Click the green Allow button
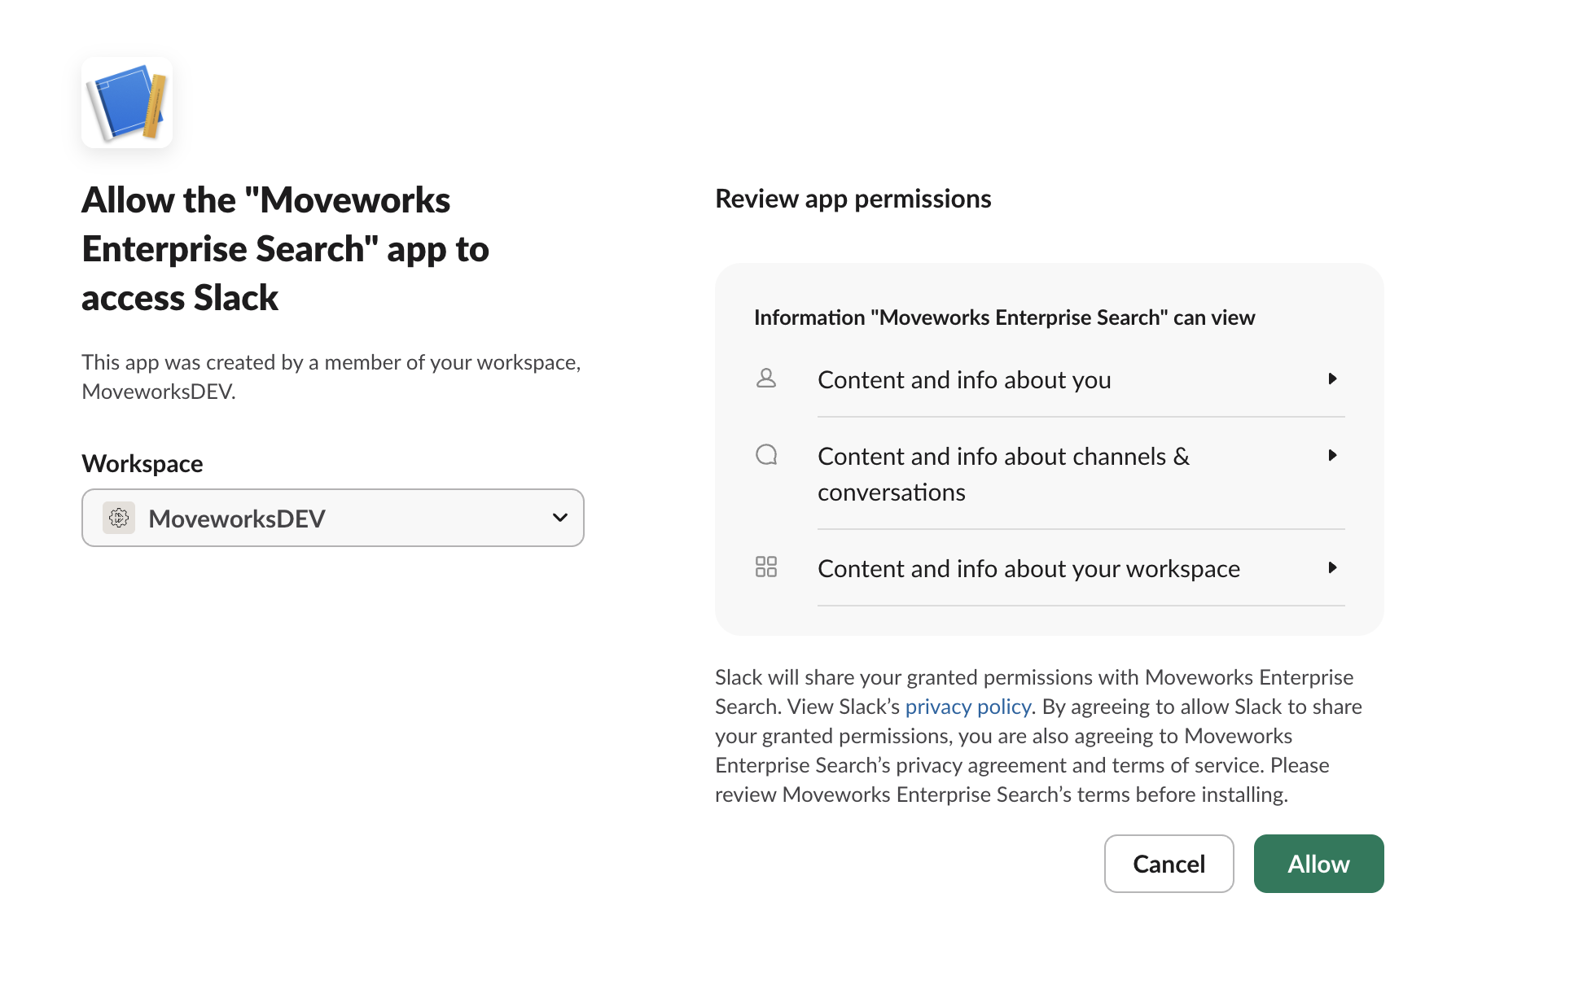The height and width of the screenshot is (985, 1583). (x=1318, y=864)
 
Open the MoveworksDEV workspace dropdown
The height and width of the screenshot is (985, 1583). (x=332, y=518)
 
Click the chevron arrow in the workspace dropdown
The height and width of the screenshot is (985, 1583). (x=559, y=518)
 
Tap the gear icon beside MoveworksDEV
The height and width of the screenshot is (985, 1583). (x=119, y=518)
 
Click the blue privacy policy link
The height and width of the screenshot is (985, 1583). (x=967, y=707)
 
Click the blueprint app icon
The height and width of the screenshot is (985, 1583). (x=126, y=103)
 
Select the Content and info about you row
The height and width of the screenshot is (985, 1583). (x=964, y=380)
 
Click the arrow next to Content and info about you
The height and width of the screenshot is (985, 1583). (x=1332, y=379)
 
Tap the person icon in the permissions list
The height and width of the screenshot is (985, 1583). (x=766, y=379)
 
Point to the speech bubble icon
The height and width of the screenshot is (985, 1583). (x=766, y=455)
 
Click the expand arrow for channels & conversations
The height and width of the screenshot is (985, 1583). (x=1332, y=455)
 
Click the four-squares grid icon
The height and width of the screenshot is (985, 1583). (x=766, y=567)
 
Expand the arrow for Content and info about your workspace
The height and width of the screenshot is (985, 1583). (x=1332, y=567)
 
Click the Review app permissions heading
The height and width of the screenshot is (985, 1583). (x=853, y=199)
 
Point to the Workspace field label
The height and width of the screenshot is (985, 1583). (x=143, y=464)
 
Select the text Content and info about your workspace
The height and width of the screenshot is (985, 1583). (x=1028, y=569)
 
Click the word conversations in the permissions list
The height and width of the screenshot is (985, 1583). (x=891, y=492)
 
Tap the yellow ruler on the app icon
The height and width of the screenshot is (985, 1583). (x=155, y=106)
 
